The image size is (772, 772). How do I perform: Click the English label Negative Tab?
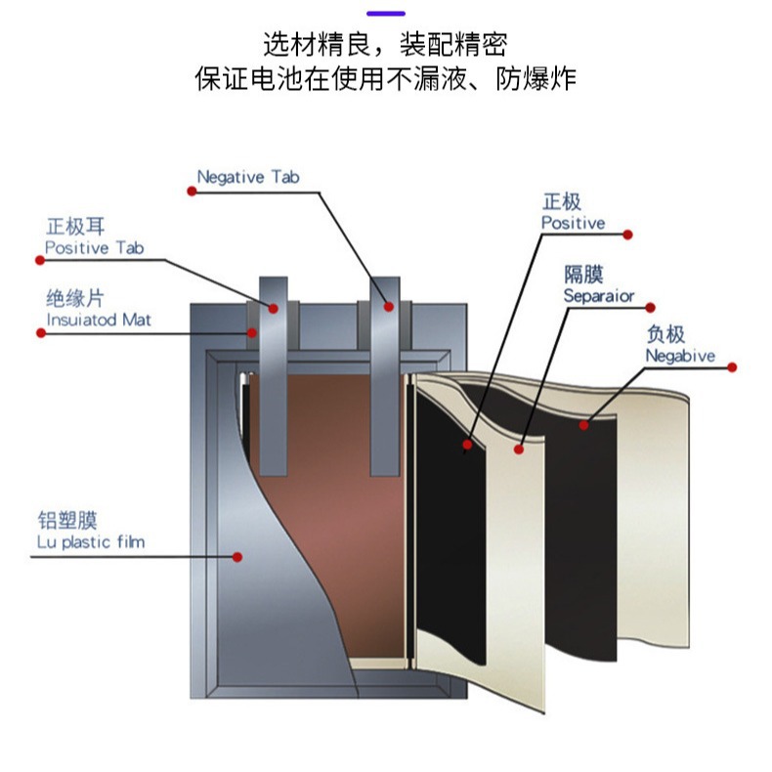point(248,178)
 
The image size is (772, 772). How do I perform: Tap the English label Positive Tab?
point(94,248)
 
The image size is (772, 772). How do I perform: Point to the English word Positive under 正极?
point(574,223)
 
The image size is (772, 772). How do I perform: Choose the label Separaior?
point(599,295)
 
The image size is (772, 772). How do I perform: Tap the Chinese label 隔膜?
point(582,275)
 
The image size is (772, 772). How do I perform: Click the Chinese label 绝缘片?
point(75,298)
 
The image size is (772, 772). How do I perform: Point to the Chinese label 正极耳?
point(75,228)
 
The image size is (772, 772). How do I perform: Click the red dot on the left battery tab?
point(274,309)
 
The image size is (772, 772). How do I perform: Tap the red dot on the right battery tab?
point(389,307)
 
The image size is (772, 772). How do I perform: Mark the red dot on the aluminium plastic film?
point(237,557)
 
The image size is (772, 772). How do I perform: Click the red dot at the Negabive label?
point(734,367)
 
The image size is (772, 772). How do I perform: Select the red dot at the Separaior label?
point(651,307)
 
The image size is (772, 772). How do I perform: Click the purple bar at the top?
point(385,13)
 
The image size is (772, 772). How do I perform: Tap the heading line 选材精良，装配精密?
point(385,44)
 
